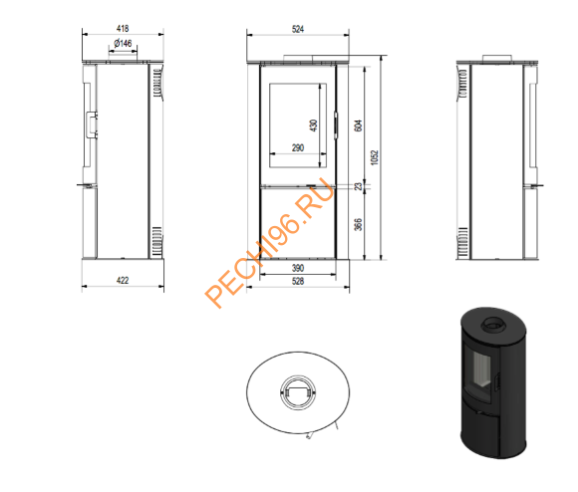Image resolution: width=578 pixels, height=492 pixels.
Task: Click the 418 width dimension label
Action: [x=123, y=28]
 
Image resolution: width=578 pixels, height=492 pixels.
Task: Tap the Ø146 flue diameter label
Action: [x=123, y=44]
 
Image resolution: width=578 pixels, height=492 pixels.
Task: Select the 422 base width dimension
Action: [x=123, y=280]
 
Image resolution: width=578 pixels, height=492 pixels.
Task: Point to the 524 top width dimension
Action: [x=298, y=29]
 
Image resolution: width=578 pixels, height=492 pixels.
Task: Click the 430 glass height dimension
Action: [x=313, y=125]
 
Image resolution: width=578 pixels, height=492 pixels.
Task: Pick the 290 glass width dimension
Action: [x=298, y=148]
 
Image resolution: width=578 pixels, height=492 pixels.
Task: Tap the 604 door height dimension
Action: [x=358, y=125]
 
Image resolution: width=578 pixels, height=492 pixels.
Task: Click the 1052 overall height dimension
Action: [x=375, y=157]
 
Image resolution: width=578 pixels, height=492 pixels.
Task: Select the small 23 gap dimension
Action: [x=358, y=186]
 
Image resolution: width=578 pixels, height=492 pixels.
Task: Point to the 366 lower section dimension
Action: [x=358, y=225]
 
